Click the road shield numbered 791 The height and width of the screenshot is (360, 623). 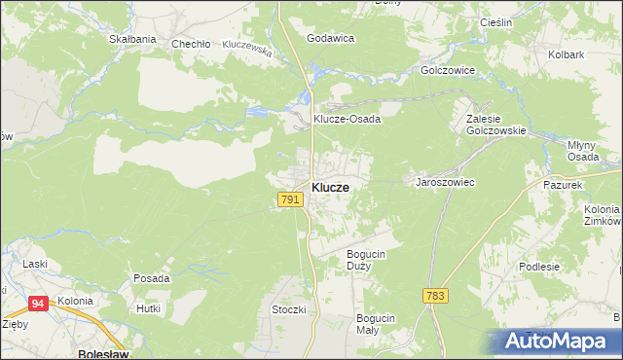(289, 199)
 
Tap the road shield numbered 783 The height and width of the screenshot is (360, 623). (436, 295)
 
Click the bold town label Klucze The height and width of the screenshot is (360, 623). (331, 187)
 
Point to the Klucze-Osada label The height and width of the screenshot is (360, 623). (347, 119)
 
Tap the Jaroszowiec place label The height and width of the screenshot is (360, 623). (445, 182)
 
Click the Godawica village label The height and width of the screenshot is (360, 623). (330, 38)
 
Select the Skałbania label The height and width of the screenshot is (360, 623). (133, 39)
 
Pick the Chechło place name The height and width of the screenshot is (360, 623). (191, 44)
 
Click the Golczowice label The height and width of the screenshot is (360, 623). (447, 71)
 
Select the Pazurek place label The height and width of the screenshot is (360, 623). (563, 184)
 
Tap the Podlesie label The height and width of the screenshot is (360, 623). (566, 267)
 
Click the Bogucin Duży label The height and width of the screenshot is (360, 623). (367, 260)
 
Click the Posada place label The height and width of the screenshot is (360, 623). (152, 278)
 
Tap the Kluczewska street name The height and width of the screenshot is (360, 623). (246, 46)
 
